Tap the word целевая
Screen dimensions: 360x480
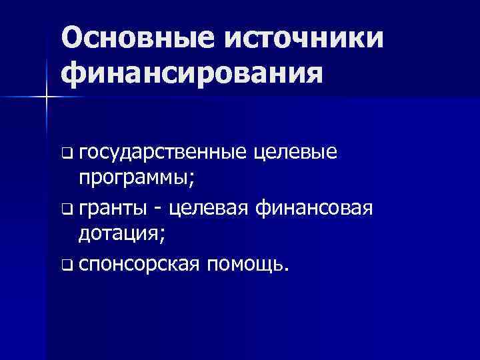[210, 209]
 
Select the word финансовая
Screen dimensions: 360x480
[315, 209]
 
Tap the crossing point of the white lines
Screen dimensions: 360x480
[47, 97]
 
